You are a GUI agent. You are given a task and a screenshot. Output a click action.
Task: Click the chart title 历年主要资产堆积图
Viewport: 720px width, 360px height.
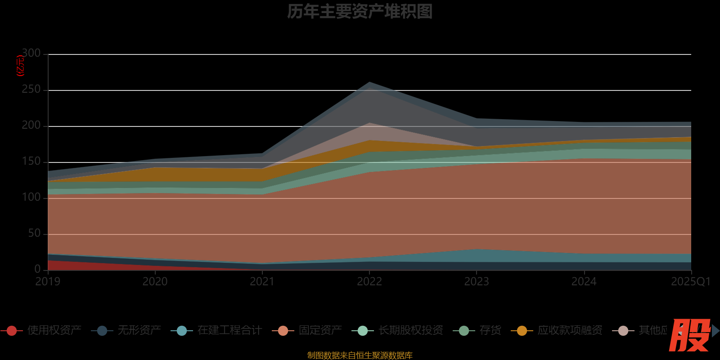360,12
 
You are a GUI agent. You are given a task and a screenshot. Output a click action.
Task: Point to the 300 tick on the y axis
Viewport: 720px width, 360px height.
31,54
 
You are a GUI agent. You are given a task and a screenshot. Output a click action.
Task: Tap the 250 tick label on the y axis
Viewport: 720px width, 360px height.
31,90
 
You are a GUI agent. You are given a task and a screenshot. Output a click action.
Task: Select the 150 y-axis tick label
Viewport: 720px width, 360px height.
31,162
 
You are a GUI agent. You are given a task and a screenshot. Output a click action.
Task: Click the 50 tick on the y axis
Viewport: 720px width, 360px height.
34,234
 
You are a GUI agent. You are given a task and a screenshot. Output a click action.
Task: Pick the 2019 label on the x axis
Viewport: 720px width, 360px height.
48,282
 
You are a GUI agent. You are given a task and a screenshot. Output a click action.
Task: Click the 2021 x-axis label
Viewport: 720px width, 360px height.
262,282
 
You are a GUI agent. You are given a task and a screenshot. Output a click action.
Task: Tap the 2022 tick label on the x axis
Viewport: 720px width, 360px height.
369,282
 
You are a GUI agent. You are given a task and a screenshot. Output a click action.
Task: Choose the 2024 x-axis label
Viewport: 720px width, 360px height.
584,282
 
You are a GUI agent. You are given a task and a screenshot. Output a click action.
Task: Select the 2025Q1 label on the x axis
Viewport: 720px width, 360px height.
690,282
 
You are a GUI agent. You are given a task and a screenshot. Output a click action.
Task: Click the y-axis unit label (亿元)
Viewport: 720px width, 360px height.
20,66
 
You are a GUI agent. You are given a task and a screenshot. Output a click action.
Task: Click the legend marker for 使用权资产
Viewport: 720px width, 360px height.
12,331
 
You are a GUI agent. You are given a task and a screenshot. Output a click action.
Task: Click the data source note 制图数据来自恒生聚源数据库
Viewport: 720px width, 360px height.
360,355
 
